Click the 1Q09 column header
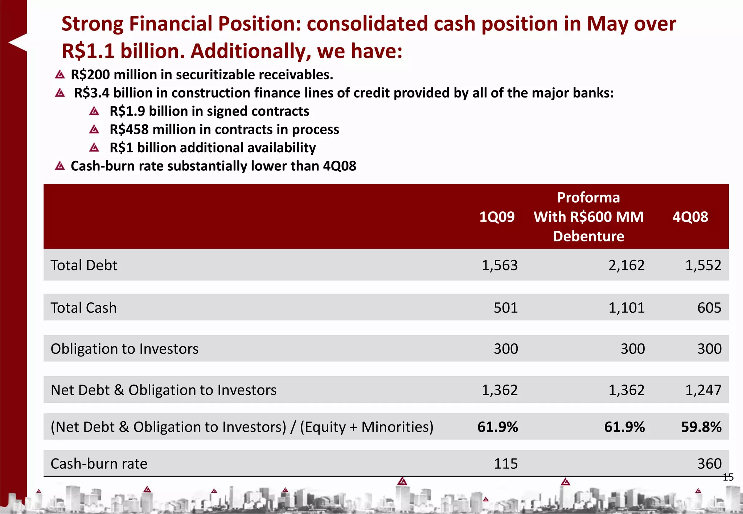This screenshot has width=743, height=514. pyautogui.click(x=497, y=217)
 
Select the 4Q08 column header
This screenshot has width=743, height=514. pyautogui.click(x=690, y=217)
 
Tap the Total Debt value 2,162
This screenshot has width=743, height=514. pyautogui.click(x=626, y=265)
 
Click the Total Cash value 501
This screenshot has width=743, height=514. pyautogui.click(x=506, y=308)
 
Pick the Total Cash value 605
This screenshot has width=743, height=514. pyautogui.click(x=709, y=308)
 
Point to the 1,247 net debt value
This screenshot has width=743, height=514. pyautogui.click(x=703, y=390)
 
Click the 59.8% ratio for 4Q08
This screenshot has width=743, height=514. pyautogui.click(x=701, y=427)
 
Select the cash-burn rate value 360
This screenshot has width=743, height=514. pyautogui.click(x=709, y=464)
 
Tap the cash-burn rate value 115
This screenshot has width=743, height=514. pyautogui.click(x=506, y=464)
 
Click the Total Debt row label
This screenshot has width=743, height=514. pyautogui.click(x=84, y=265)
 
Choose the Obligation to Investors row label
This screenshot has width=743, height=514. pyautogui.click(x=124, y=349)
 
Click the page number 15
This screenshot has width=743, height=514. pyautogui.click(x=728, y=477)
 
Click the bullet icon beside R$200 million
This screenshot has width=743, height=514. pyautogui.click(x=60, y=75)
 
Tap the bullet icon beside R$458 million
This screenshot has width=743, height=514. pyautogui.click(x=94, y=129)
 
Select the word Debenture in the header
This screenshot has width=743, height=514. pyautogui.click(x=588, y=236)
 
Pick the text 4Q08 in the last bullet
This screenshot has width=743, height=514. pyautogui.click(x=339, y=166)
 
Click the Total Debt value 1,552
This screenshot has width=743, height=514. pyautogui.click(x=703, y=265)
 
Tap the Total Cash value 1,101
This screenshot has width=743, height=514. pyautogui.click(x=626, y=308)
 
